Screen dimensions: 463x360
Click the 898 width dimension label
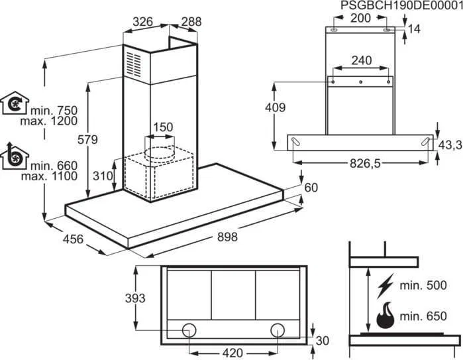tap(227, 237)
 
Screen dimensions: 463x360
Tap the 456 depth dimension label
tap(73, 239)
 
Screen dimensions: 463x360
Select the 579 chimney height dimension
tap(87, 139)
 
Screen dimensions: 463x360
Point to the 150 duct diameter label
tap(163, 127)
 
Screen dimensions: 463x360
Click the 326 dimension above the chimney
tap(142, 22)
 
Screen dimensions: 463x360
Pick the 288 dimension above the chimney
tap(191, 22)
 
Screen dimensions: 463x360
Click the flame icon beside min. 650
tap(386, 315)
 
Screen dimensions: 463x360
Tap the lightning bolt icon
tap(385, 286)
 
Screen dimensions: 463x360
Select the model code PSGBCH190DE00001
tap(401, 5)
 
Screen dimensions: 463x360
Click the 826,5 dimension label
tap(365, 164)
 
